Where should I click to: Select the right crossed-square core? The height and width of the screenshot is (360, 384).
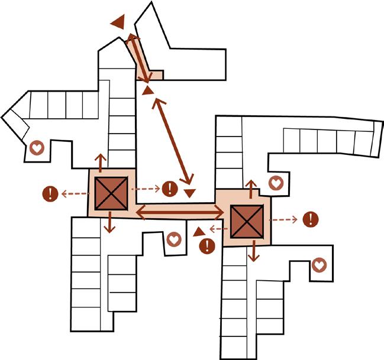coord(247,220)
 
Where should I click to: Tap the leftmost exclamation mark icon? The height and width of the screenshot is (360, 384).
coord(51,193)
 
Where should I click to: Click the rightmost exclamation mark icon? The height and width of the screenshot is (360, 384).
coord(310,219)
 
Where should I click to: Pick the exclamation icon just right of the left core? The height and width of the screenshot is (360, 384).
coord(170,189)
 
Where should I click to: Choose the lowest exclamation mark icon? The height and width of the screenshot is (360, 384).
coord(206,246)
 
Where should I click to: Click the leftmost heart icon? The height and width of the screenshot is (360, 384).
coord(37,148)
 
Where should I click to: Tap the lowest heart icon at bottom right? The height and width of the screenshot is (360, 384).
coord(319,265)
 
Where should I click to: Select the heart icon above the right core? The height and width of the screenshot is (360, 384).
coord(275,183)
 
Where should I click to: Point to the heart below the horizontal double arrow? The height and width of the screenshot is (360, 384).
coord(173,239)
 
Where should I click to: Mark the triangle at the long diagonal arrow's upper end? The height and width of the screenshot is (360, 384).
coord(147,90)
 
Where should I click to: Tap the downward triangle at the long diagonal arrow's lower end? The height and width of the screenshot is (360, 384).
coord(189,193)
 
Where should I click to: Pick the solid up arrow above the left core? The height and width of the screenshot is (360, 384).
coord(100,161)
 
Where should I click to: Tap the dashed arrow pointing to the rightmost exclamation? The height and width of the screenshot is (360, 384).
coord(286,220)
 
